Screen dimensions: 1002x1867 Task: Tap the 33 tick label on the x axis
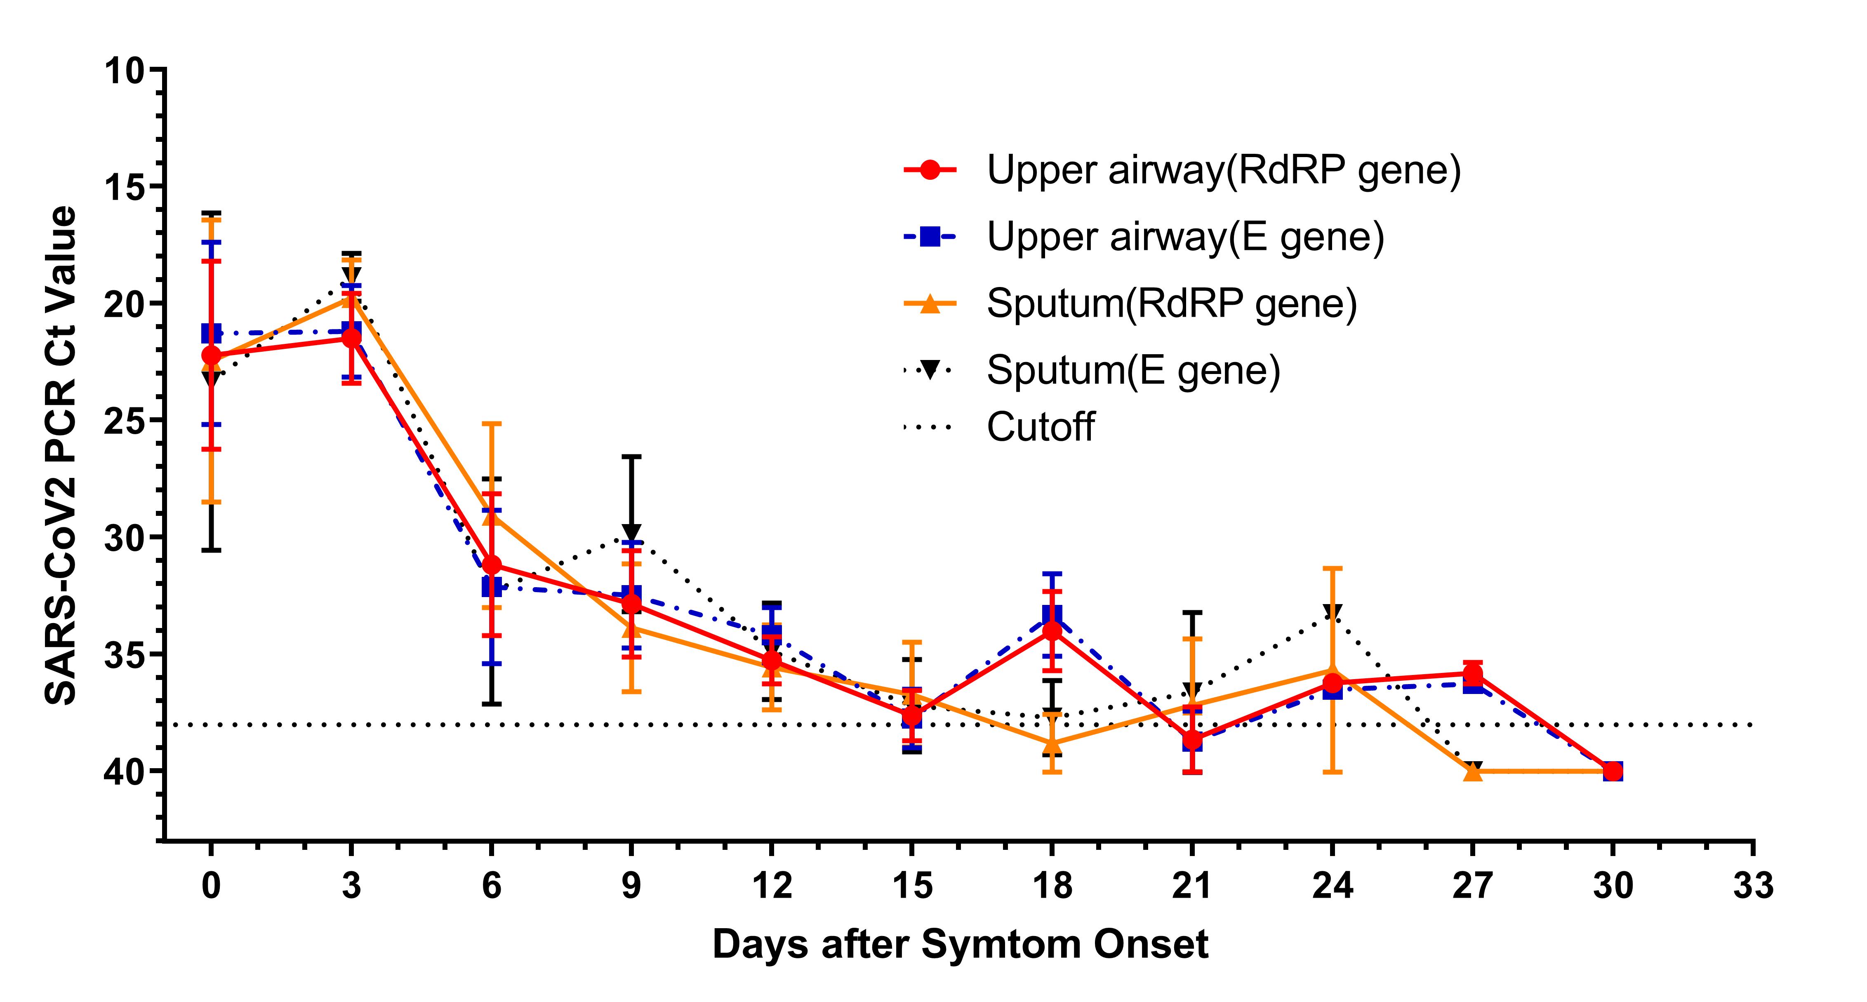point(1752,885)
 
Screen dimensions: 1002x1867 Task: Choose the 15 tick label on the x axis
point(912,885)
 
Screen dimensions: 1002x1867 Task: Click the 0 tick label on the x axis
point(211,885)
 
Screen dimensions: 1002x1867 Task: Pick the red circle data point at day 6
point(492,565)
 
